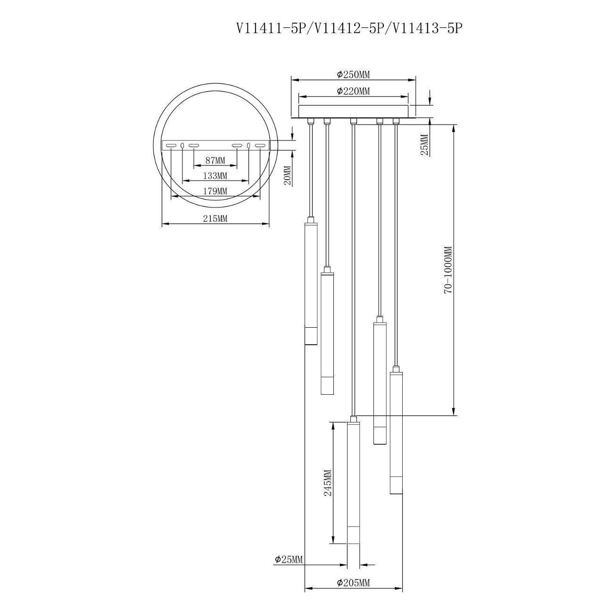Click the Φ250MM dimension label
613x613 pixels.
(x=354, y=75)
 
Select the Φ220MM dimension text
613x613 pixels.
(x=354, y=91)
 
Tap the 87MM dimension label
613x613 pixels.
(x=215, y=160)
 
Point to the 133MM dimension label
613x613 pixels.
(x=215, y=175)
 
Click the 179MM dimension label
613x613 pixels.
(x=215, y=191)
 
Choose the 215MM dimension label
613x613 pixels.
(x=215, y=218)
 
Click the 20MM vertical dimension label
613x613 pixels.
(x=288, y=176)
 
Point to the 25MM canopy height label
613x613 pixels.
(x=424, y=144)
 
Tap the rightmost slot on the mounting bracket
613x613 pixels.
(x=260, y=145)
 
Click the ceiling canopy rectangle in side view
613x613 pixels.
(x=353, y=110)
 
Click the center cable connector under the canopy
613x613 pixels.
(x=353, y=121)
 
